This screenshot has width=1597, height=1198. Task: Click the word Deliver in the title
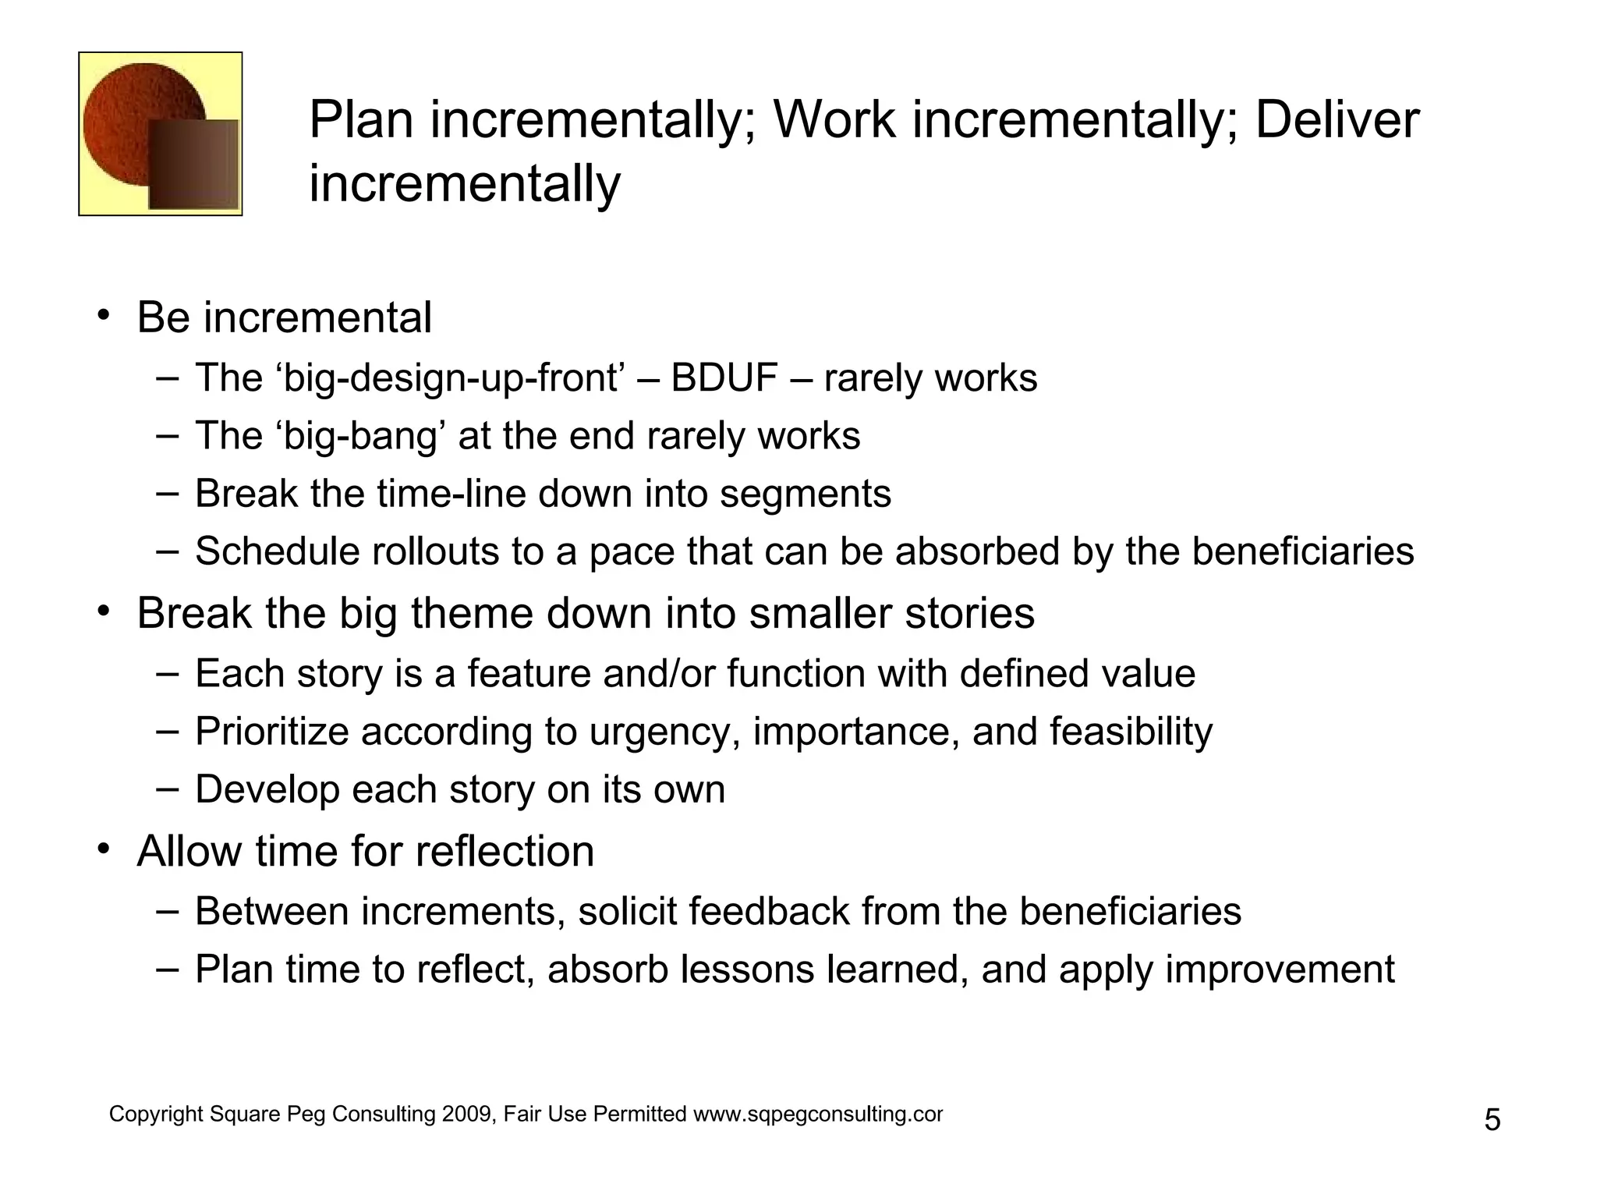coord(1337,120)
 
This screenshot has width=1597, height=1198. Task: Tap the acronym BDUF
coord(724,378)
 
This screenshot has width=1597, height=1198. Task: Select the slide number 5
coord(1492,1121)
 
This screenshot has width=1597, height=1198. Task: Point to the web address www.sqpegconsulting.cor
coord(818,1115)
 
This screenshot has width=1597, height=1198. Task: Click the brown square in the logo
coord(193,165)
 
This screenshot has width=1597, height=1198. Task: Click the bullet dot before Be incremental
coord(103,316)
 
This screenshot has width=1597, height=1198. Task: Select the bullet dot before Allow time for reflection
coord(103,849)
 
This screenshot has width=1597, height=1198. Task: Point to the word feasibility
coord(1131,732)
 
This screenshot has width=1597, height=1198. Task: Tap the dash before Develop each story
coord(167,788)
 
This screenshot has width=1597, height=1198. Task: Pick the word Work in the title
coord(834,120)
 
